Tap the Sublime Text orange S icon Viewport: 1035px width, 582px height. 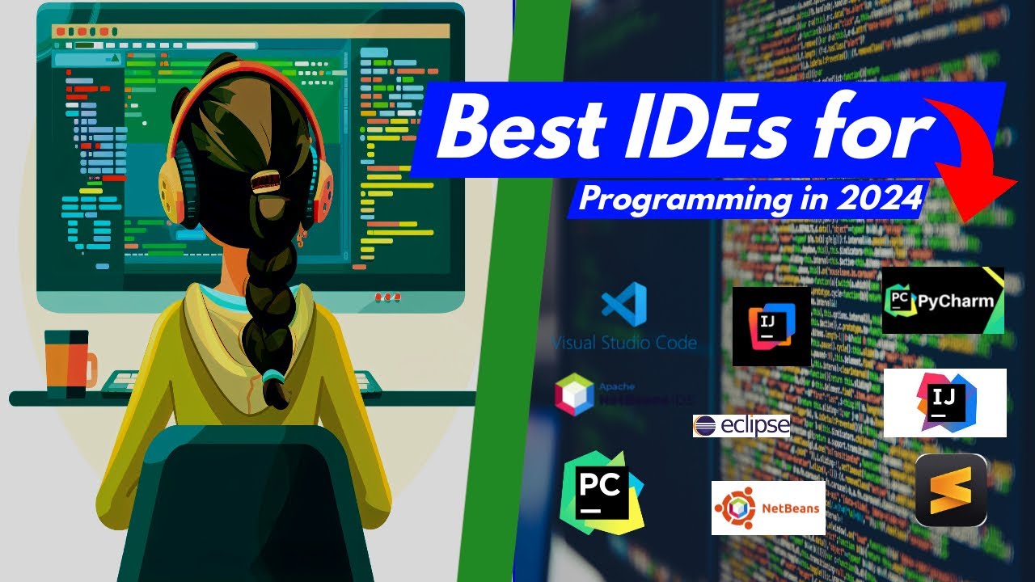(x=951, y=491)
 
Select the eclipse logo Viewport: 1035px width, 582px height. (x=741, y=425)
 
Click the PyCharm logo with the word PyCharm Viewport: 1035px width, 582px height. (x=942, y=301)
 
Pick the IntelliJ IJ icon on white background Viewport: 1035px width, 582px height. (x=944, y=403)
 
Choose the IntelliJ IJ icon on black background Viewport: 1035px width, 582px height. (x=771, y=326)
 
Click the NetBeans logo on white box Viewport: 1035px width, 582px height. (x=767, y=508)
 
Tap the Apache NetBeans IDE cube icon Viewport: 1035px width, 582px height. (x=575, y=395)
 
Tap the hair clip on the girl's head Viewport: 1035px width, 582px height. (x=264, y=180)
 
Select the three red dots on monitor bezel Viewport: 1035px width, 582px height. (x=387, y=297)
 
